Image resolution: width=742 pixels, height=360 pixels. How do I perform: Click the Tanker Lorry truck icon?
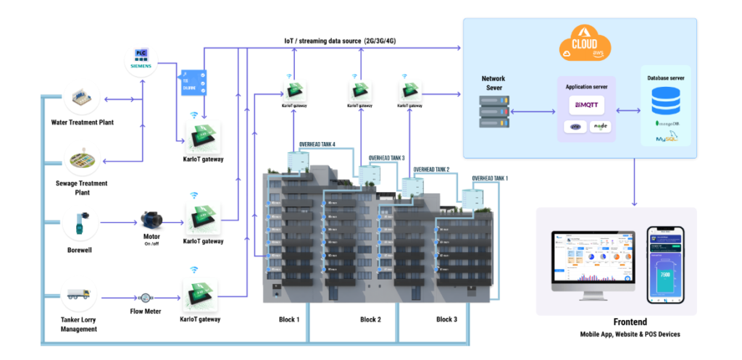click(x=80, y=296)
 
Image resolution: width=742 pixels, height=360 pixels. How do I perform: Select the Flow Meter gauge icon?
click(x=147, y=297)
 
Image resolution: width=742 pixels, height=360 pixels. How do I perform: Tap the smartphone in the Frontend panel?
click(x=666, y=265)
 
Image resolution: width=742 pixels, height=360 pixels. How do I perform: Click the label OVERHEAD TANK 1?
click(x=491, y=178)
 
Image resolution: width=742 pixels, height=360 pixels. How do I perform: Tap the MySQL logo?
click(x=666, y=138)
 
